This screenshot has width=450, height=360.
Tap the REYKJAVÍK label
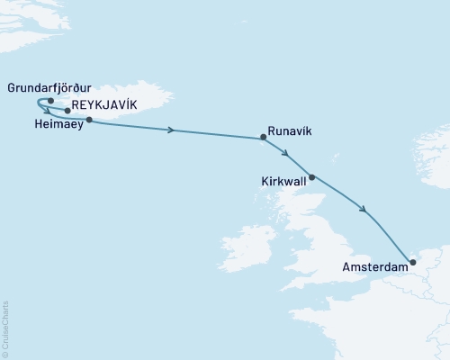coord(103,105)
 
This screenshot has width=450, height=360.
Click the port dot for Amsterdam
coord(412,263)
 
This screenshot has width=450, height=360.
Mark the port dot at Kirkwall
coord(312,177)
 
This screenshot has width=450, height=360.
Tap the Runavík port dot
coord(263,138)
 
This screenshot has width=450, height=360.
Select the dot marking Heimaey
coord(88,119)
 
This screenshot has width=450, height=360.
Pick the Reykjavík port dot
coord(68,111)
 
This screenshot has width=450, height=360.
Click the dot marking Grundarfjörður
coord(50,101)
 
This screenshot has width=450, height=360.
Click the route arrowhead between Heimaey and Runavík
coord(170,130)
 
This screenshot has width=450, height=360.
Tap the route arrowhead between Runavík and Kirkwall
coord(284,153)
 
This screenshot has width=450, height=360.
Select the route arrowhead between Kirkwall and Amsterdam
coord(363,211)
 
